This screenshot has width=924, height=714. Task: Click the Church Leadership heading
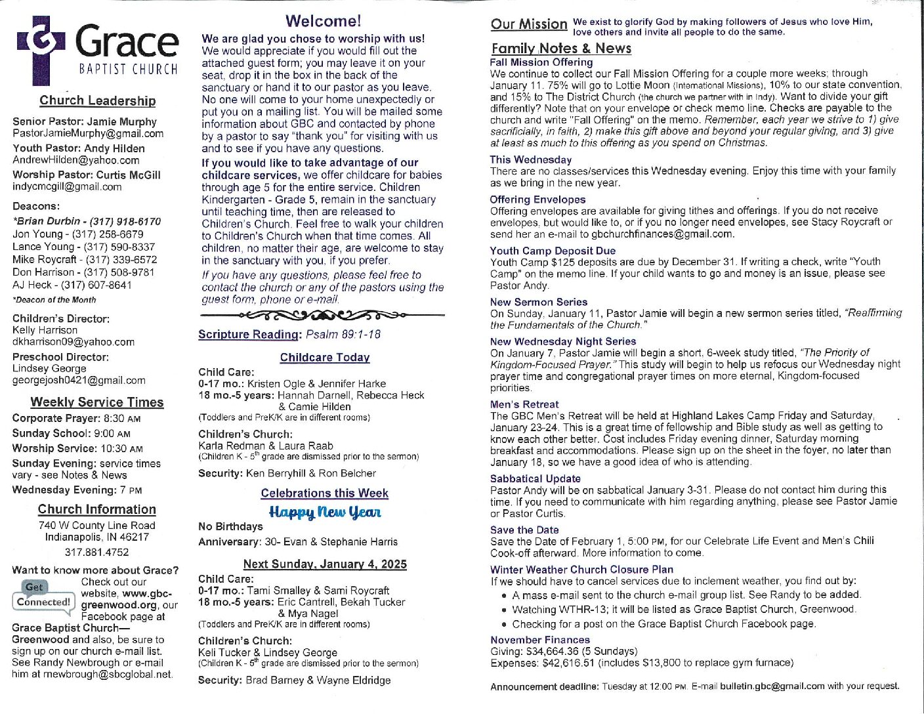(98, 100)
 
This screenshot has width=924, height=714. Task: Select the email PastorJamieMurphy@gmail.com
(88, 133)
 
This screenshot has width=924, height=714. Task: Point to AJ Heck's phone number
(96, 285)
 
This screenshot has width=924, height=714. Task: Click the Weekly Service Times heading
(97, 402)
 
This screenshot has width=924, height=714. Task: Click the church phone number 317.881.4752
(97, 552)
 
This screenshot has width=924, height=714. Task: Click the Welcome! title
(323, 22)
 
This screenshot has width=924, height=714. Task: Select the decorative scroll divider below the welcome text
(323, 314)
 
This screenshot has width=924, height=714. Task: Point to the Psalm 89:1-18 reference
(343, 334)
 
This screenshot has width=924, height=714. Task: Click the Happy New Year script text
(325, 512)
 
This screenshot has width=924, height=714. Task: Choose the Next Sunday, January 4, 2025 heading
(325, 564)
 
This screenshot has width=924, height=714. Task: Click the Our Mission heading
(529, 24)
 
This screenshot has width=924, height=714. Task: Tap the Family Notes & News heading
(561, 48)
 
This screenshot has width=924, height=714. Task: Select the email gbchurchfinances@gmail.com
(662, 234)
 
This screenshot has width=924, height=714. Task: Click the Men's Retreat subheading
(524, 404)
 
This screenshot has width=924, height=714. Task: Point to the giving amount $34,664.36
(552, 651)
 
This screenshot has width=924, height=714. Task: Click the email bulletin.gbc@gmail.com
(772, 686)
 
